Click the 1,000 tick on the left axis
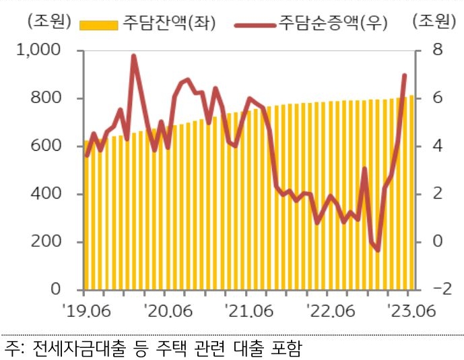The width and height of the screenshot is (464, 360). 44,50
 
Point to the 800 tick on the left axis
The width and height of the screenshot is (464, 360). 50,98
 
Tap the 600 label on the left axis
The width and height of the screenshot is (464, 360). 50,146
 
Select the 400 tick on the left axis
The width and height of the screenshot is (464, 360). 50,194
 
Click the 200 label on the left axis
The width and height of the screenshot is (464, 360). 50,242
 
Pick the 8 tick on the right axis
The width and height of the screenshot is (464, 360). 438,50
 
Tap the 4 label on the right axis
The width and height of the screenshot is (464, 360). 438,146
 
